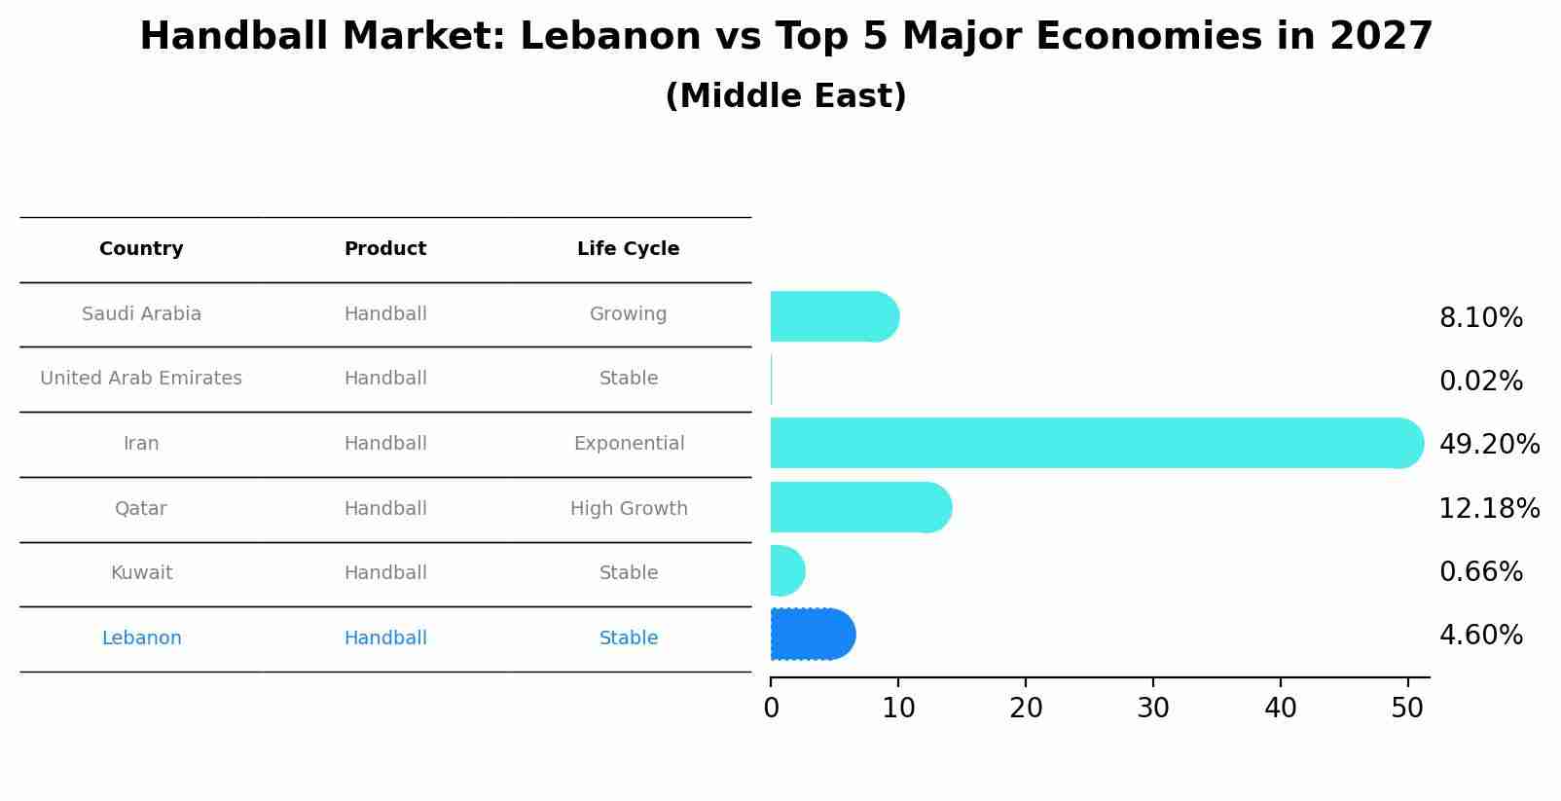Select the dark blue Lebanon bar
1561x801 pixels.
click(x=812, y=635)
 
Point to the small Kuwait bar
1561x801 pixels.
click(x=786, y=570)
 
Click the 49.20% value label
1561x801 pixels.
click(x=1489, y=444)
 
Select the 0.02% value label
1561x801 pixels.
click(x=1480, y=381)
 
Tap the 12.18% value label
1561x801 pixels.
click(x=1489, y=508)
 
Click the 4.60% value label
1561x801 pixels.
click(x=1480, y=635)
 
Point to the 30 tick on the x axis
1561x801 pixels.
click(x=1153, y=708)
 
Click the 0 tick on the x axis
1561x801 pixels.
click(x=771, y=708)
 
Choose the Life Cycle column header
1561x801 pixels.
click(x=628, y=248)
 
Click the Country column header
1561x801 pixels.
click(x=141, y=248)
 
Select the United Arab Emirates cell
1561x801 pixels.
click(x=141, y=378)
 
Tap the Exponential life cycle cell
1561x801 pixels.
click(x=629, y=443)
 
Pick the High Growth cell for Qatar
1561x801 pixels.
click(x=629, y=508)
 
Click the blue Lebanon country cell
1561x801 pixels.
click(x=141, y=637)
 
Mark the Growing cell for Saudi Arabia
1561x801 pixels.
click(x=628, y=313)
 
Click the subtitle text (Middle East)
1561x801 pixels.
click(x=785, y=95)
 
